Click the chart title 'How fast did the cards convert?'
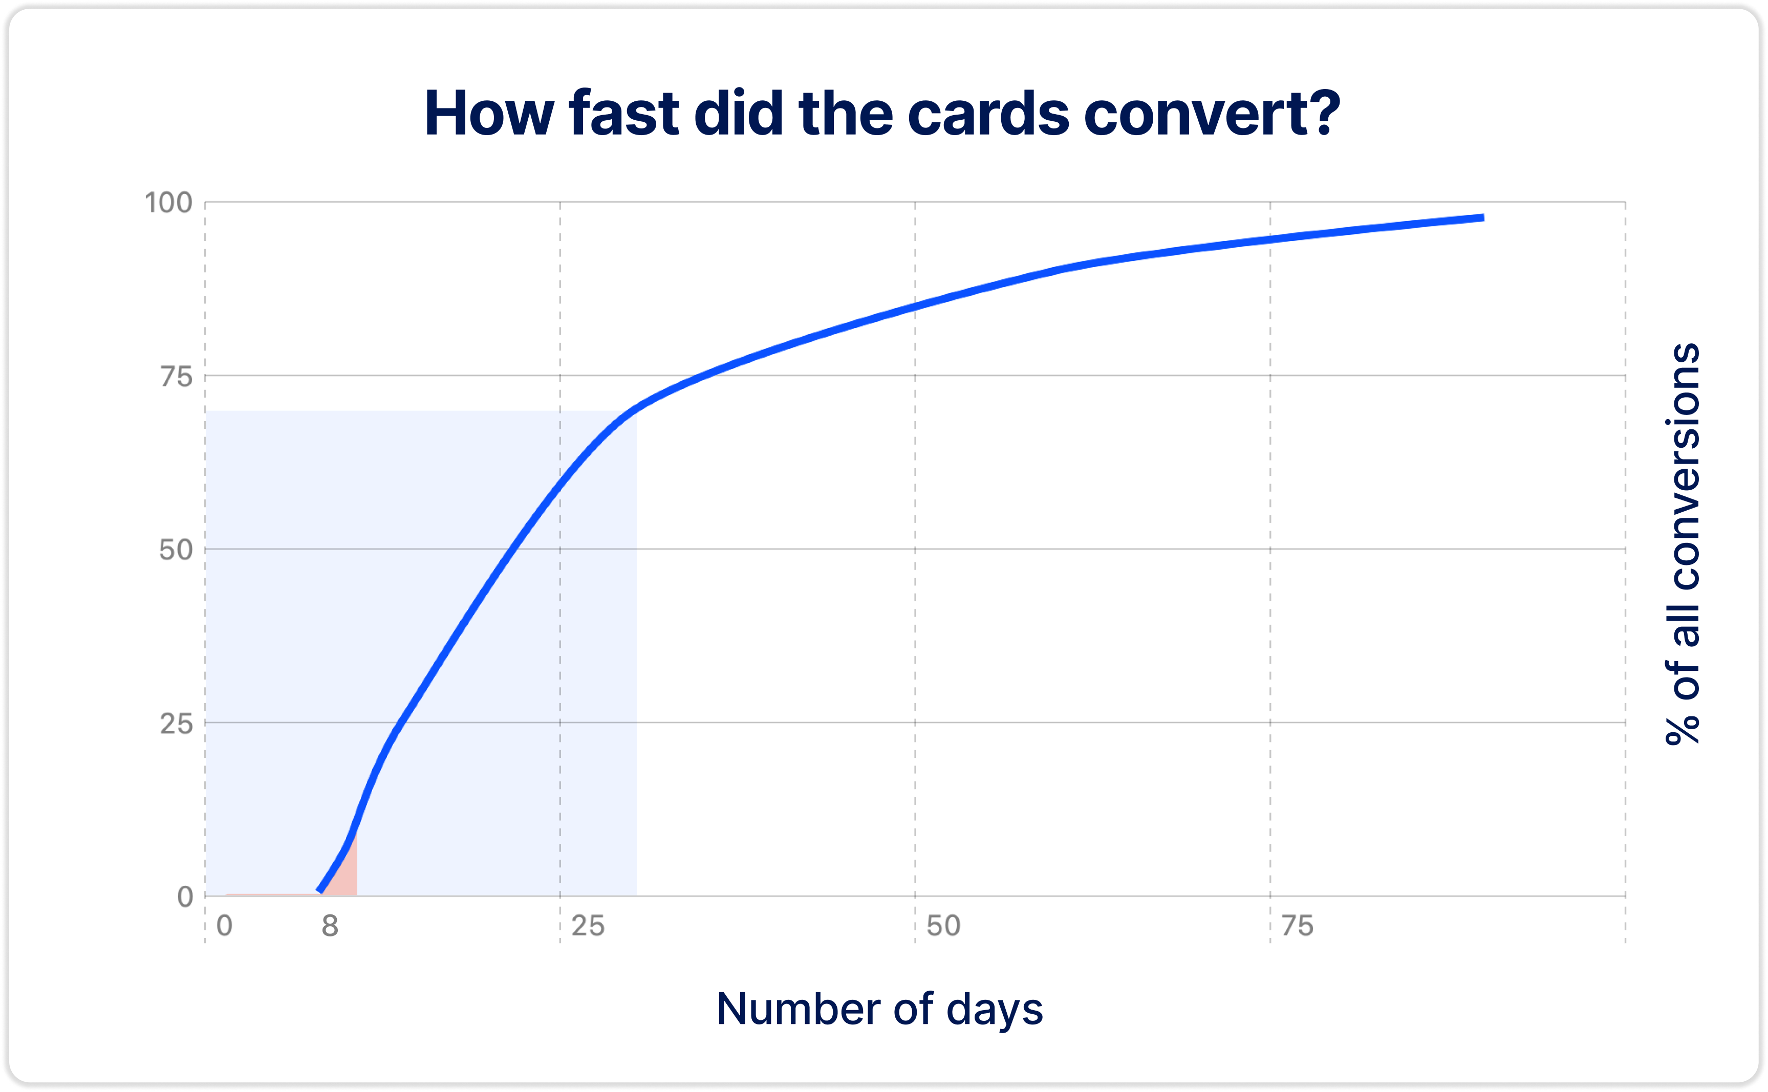point(882,114)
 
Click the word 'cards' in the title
point(988,114)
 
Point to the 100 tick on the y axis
point(168,203)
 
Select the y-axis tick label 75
point(176,377)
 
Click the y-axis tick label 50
point(176,550)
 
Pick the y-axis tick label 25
point(176,724)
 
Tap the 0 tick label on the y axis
point(185,897)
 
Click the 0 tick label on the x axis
point(225,926)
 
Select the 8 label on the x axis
point(330,926)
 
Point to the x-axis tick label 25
point(588,926)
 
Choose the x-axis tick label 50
point(943,926)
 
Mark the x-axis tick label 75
point(1297,926)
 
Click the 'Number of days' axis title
point(880,1009)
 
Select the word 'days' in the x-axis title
point(995,1010)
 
